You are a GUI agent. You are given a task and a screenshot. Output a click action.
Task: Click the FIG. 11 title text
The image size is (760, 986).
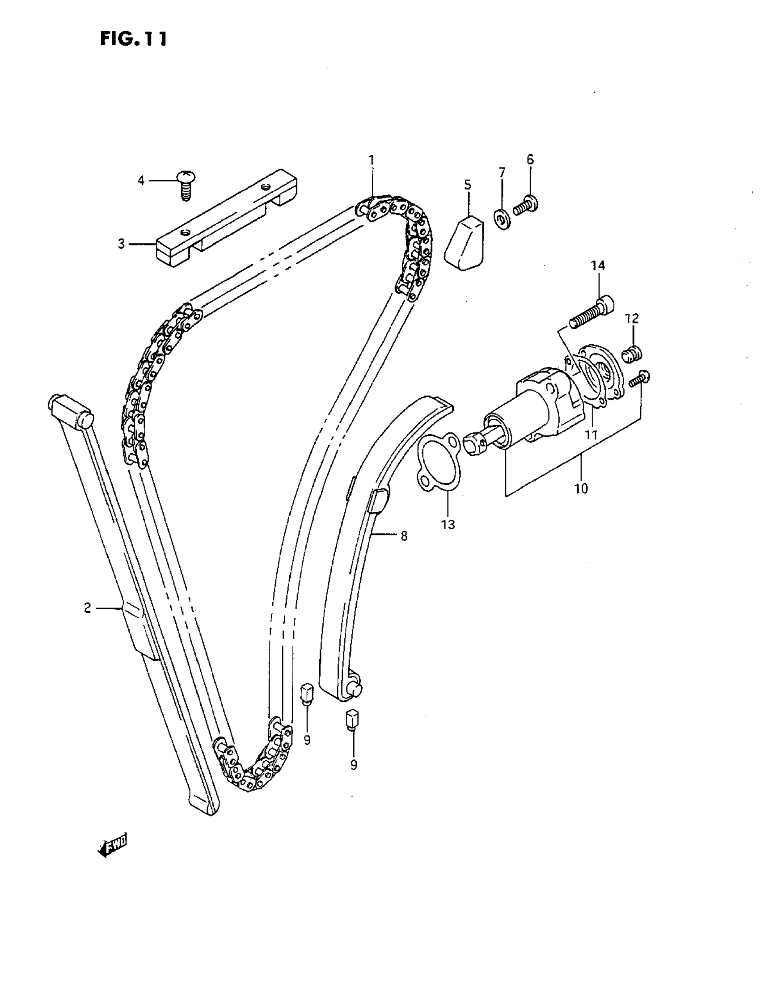(x=133, y=39)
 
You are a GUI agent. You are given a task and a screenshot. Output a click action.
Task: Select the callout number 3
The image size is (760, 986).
(x=121, y=244)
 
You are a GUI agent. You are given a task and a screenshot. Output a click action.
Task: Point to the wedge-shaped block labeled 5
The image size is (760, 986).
(x=464, y=244)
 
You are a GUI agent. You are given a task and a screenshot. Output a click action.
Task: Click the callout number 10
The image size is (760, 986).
(x=581, y=488)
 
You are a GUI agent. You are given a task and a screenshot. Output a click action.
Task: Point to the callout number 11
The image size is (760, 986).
(x=591, y=435)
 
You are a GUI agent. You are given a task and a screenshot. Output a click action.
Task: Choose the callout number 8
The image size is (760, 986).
(x=404, y=536)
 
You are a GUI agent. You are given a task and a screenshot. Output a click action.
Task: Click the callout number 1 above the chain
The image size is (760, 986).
(x=371, y=160)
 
